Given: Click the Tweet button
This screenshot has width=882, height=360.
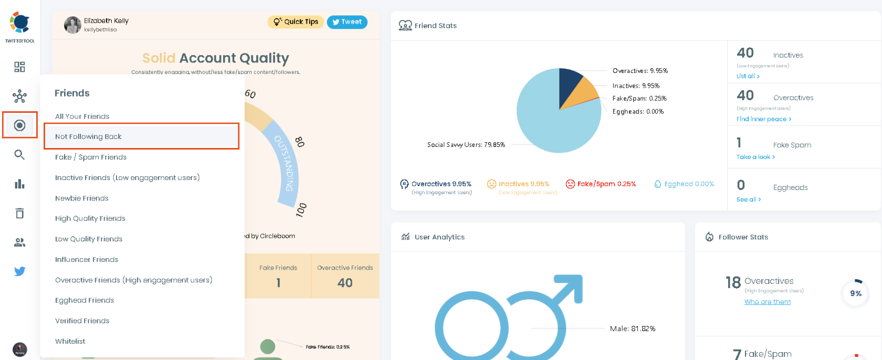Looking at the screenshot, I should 347,22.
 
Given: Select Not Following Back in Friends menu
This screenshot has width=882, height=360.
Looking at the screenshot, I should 88,136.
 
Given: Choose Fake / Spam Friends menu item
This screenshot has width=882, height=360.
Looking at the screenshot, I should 91,157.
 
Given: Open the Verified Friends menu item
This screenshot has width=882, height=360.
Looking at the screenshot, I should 82,321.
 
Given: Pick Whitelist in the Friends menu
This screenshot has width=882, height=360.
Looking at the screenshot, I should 70,341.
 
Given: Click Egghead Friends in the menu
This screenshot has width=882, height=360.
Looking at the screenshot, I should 85,300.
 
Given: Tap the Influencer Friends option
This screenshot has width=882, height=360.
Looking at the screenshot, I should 87,259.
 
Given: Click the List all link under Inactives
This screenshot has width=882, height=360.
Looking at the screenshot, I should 748,76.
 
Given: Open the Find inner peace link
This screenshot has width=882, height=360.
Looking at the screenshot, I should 763,119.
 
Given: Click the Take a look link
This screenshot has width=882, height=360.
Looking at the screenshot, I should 755,157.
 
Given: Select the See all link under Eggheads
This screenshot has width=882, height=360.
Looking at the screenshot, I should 748,199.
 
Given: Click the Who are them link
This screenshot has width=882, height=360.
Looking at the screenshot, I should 767,302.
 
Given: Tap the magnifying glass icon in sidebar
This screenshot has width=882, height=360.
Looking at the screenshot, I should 19,154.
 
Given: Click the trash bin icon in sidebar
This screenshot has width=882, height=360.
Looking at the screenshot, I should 19,213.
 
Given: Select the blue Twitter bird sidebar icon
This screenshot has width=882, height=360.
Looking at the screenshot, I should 19,271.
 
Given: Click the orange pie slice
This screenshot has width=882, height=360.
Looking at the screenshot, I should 581,94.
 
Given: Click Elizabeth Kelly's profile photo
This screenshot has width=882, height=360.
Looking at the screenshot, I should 72,25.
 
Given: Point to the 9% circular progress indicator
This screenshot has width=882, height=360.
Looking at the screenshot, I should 855,293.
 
